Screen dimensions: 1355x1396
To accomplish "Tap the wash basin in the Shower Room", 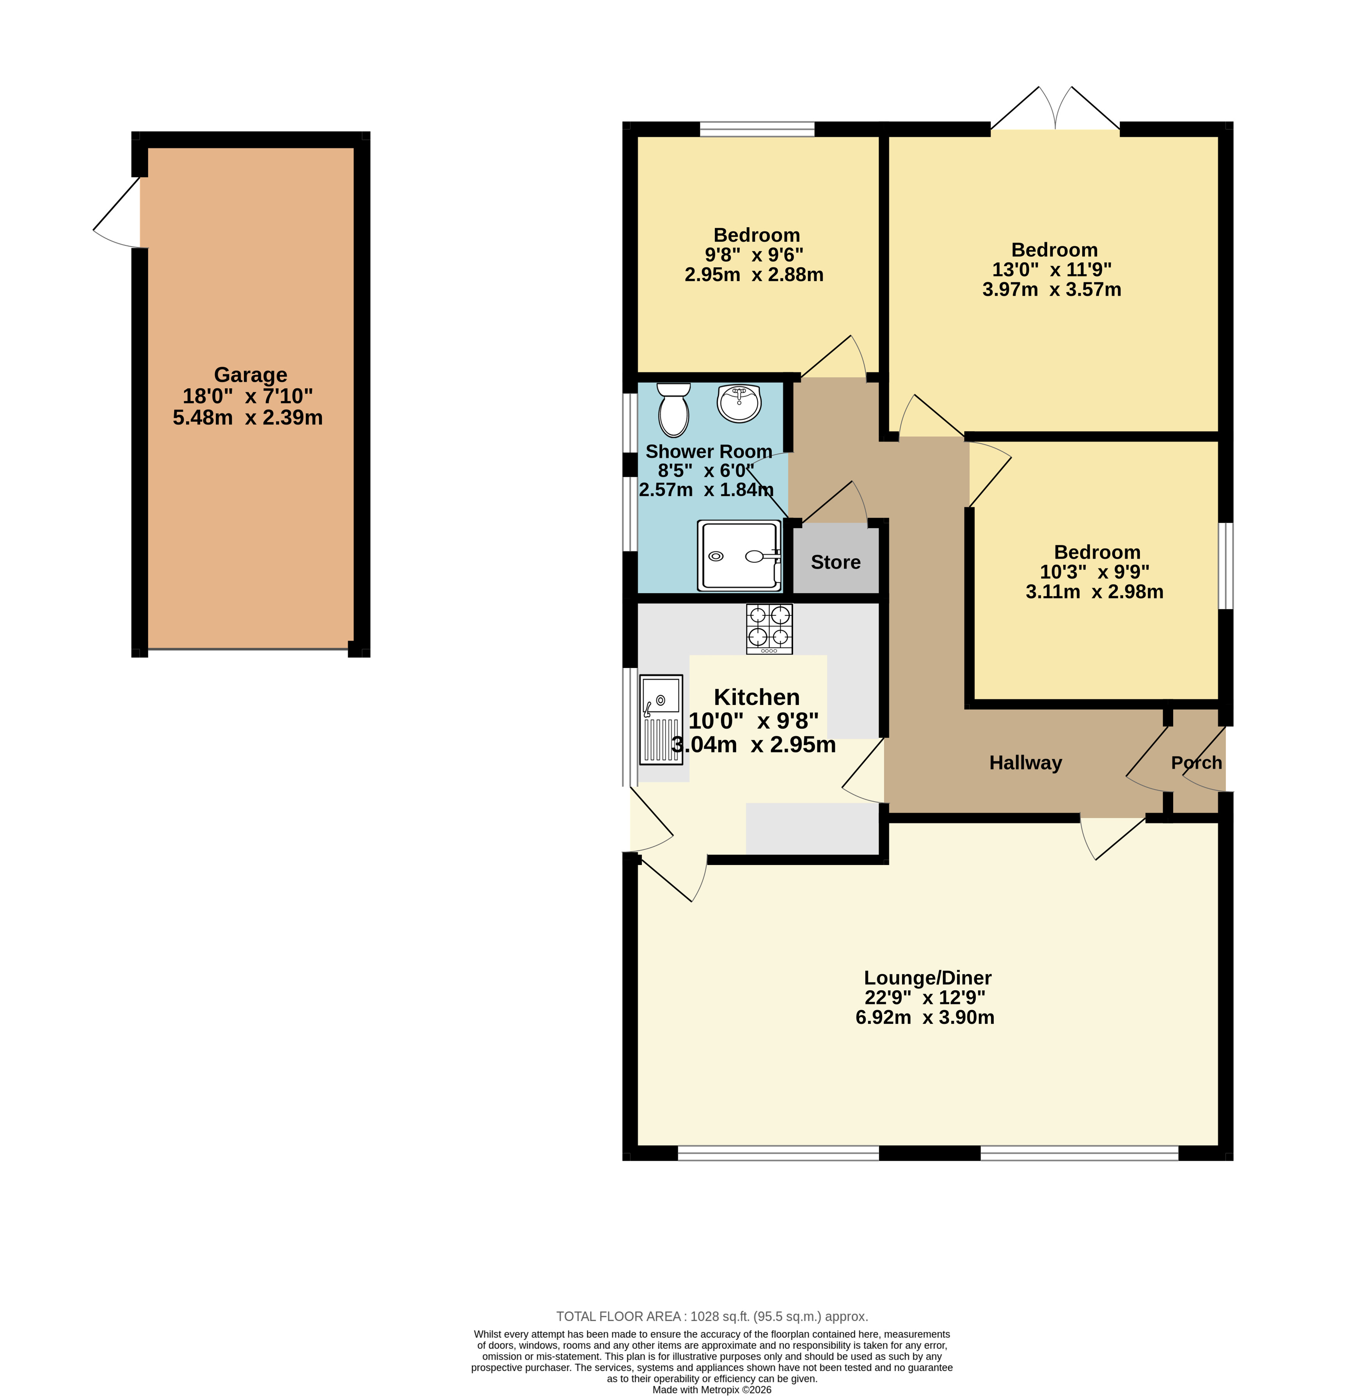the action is (x=739, y=403).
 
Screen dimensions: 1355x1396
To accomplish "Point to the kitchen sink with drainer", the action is (x=661, y=719).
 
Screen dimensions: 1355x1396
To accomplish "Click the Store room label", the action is (x=836, y=562).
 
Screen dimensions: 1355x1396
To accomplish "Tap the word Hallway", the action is (x=1026, y=763).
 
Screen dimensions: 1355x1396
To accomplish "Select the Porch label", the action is (x=1197, y=763).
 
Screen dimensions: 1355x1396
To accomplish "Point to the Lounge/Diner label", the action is (x=927, y=978).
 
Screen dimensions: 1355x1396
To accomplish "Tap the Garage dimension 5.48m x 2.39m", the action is (x=248, y=417).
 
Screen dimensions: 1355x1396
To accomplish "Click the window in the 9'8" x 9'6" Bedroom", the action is (x=757, y=129).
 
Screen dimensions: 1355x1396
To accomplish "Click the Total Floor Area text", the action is (x=712, y=1317).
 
